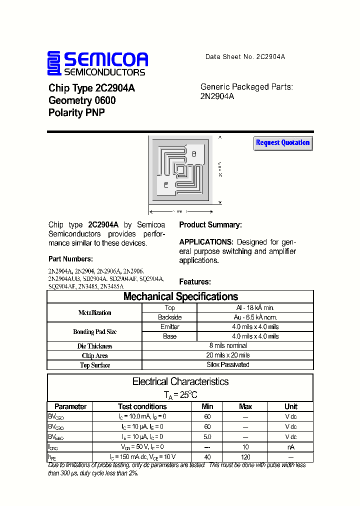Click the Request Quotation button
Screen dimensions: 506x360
[x=283, y=143]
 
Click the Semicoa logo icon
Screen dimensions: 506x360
[x=54, y=64]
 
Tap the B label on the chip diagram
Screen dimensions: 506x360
[x=194, y=154]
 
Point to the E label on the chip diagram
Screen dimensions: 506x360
[x=166, y=185]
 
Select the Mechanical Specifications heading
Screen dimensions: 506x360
[x=180, y=296]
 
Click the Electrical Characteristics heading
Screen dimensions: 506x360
[x=180, y=381]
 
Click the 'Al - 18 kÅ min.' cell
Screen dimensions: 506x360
[x=255, y=308]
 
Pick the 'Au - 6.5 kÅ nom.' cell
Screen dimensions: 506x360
[x=255, y=317]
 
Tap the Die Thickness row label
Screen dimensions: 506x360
[x=95, y=346]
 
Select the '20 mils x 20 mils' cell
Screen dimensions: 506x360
[x=228, y=355]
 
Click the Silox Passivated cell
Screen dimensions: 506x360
[x=228, y=365]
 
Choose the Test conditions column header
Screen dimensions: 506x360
[x=142, y=406]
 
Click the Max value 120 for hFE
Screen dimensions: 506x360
[x=245, y=457]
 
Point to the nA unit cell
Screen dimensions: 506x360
[x=290, y=447]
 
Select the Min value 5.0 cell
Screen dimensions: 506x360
[x=207, y=437]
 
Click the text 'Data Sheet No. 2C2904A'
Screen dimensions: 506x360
[x=245, y=57]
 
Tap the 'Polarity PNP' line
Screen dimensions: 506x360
[x=76, y=113]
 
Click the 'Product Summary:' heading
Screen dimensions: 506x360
[x=210, y=225]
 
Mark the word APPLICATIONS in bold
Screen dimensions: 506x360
[x=206, y=242]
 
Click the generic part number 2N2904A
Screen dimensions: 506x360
[x=217, y=96]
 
